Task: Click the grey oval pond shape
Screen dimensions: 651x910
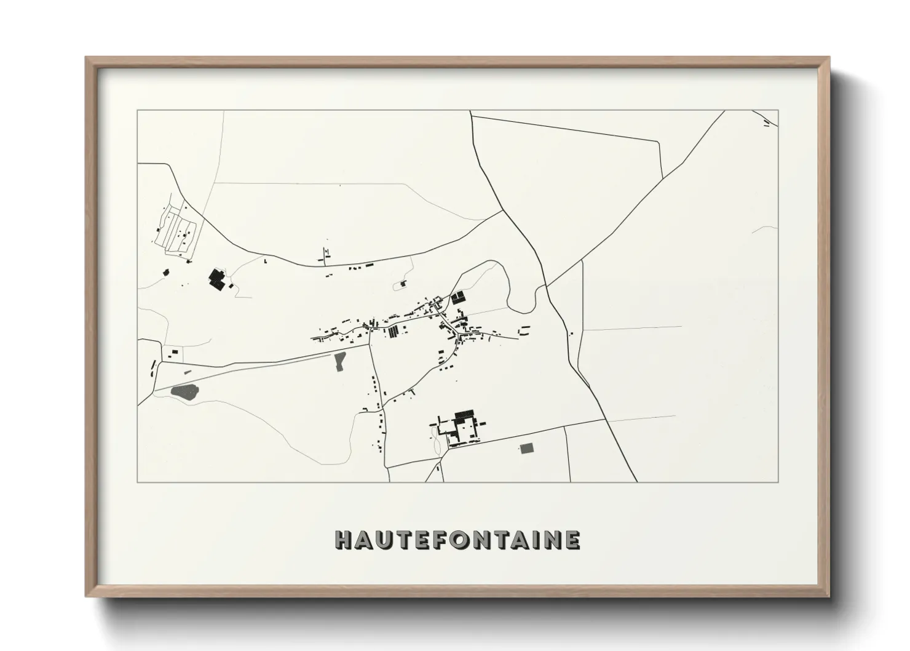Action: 184,391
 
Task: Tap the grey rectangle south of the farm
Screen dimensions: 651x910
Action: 526,448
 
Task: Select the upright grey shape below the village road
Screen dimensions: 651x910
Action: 339,362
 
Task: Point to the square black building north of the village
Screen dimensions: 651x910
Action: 456,298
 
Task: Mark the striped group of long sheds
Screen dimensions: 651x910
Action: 392,332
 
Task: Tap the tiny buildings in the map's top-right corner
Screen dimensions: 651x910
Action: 767,123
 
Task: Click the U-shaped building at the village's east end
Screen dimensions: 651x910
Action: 524,330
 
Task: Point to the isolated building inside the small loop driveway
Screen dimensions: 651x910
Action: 403,284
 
